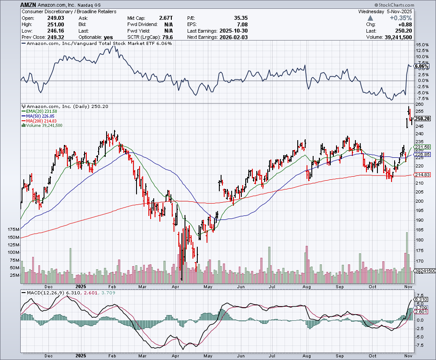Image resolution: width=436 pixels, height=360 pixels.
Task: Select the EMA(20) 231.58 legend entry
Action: pos(44,111)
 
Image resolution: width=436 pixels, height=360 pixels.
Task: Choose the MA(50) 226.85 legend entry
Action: pos(44,116)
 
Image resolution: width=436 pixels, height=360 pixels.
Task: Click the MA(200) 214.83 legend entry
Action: pos(44,121)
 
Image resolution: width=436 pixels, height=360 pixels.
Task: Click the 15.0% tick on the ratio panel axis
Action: pos(422,45)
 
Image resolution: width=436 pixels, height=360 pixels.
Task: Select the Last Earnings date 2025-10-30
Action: pos(233,31)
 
